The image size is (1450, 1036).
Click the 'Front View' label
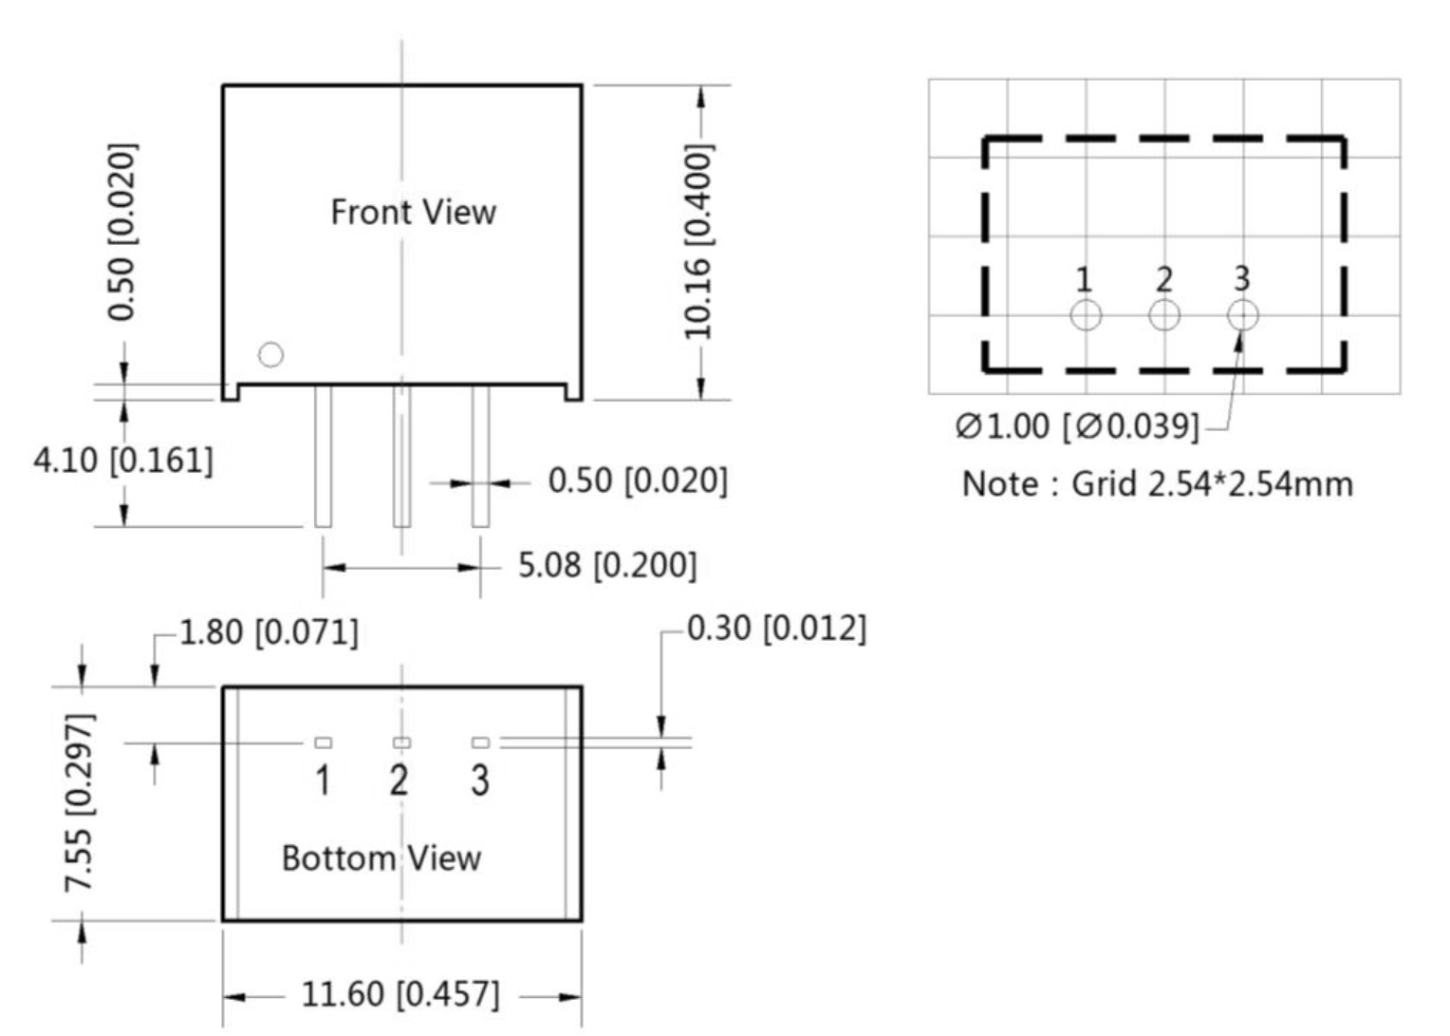pos(413,212)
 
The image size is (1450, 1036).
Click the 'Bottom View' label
pos(381,857)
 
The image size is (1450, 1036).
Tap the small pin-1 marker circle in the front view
pos(270,354)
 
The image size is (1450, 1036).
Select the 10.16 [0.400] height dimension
pos(698,241)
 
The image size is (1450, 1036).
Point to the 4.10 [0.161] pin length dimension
pos(123,461)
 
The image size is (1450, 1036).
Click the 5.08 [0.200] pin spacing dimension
pos(608,565)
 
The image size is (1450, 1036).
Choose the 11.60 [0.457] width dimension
pos(400,994)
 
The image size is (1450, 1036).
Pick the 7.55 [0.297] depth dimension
pos(80,802)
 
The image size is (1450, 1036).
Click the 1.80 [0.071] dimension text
pos(269,632)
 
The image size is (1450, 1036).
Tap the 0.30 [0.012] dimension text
pos(776,629)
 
